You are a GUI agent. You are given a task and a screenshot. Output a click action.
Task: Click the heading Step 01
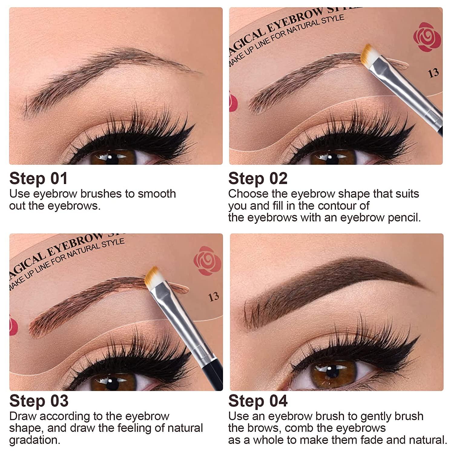click(38, 179)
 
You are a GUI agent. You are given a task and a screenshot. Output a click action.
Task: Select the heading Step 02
click(258, 179)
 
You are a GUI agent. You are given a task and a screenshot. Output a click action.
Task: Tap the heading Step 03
click(39, 401)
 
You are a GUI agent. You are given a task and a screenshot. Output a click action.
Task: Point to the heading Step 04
click(258, 401)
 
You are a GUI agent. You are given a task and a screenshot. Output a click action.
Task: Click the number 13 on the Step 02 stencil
click(433, 73)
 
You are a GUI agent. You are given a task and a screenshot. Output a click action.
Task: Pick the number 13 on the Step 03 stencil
click(213, 296)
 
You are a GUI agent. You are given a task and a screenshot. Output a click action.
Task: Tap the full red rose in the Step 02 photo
click(426, 38)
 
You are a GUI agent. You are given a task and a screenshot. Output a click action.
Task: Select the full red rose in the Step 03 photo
click(207, 261)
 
